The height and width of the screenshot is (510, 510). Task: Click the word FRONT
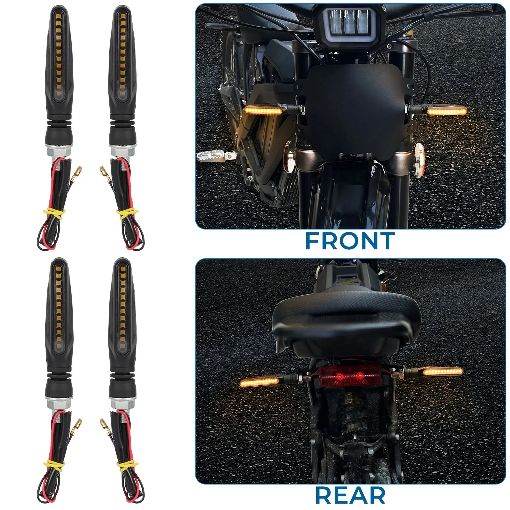pos(350,241)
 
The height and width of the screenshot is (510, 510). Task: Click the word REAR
pos(350,496)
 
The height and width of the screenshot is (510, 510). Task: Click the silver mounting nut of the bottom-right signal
pos(122,404)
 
